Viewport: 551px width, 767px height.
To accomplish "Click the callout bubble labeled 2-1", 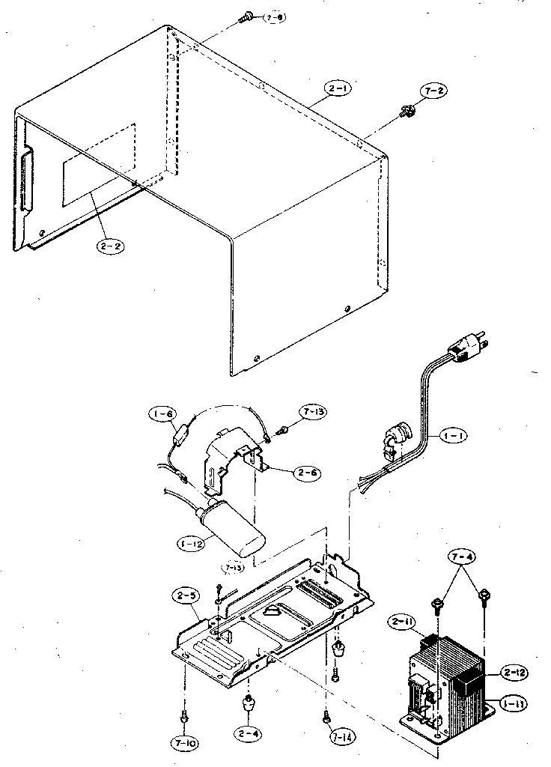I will point(339,89).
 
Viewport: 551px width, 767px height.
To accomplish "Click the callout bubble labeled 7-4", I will point(461,557).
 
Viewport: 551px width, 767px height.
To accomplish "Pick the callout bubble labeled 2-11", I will point(403,622).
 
